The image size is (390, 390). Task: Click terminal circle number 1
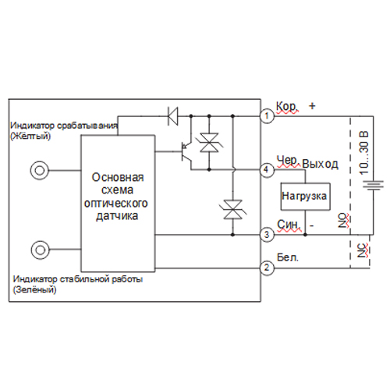click(x=267, y=116)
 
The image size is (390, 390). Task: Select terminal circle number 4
click(x=267, y=170)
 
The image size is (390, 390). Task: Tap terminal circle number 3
click(x=267, y=235)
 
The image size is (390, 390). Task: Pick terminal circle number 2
click(x=267, y=268)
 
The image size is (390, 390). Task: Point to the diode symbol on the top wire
click(x=173, y=116)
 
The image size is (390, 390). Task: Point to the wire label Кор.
click(x=286, y=107)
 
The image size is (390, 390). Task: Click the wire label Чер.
click(x=288, y=161)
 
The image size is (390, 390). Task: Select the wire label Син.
click(x=289, y=225)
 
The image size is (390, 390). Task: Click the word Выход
click(x=321, y=165)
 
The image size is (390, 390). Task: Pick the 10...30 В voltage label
click(x=364, y=153)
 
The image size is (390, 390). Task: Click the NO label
click(x=343, y=221)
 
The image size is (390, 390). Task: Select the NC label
click(x=363, y=250)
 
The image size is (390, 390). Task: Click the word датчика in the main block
click(x=117, y=216)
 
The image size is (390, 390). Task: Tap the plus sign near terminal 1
click(x=312, y=106)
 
